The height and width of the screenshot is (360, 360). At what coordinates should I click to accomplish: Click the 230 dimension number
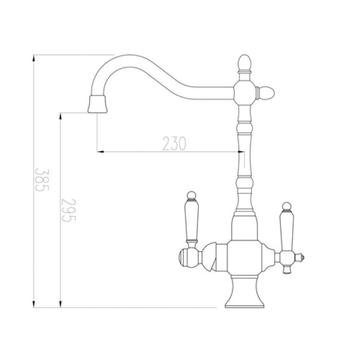(174, 144)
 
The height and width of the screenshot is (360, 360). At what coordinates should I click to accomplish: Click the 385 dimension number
(42, 180)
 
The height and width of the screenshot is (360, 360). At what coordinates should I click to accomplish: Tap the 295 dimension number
(68, 210)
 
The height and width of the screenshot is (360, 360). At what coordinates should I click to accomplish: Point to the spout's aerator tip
(97, 104)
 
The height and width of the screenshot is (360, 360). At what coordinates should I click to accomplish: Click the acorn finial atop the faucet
(244, 62)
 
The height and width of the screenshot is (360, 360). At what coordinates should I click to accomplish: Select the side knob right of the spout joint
(266, 93)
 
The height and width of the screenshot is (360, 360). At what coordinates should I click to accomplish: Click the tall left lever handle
(191, 221)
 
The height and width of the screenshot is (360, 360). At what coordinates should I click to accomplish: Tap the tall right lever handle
(287, 231)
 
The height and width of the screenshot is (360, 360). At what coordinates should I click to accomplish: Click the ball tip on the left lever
(191, 195)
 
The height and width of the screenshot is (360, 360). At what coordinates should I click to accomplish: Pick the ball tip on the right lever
(287, 206)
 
